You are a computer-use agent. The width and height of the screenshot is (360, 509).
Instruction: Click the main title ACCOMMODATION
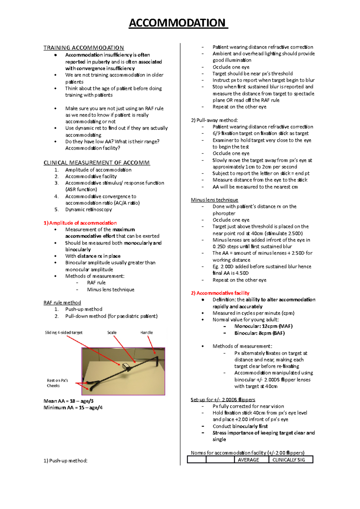178,23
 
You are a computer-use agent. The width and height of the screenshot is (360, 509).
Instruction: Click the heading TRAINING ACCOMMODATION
83,48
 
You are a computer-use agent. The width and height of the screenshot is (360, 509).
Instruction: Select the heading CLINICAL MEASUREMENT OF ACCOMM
97,163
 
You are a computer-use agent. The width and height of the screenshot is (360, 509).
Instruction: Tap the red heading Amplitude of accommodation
80,223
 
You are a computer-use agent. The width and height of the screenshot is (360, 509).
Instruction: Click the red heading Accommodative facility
220,293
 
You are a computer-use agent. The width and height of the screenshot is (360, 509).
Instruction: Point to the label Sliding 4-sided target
64,332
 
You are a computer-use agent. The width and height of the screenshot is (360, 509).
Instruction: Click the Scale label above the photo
112,332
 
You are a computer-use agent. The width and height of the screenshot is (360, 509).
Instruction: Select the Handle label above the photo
146,332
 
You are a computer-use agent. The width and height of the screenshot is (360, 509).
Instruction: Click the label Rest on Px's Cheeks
57,383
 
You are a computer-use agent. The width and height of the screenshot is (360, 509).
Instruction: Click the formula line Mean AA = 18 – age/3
69,401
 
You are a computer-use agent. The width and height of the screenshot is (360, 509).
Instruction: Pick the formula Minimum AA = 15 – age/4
73,407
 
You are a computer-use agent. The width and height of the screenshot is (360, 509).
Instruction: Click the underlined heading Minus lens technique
214,200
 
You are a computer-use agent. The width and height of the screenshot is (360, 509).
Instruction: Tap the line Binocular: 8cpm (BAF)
259,333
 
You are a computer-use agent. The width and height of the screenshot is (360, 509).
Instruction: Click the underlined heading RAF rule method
62,302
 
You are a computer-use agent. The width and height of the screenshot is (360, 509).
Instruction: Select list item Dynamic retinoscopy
88,209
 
